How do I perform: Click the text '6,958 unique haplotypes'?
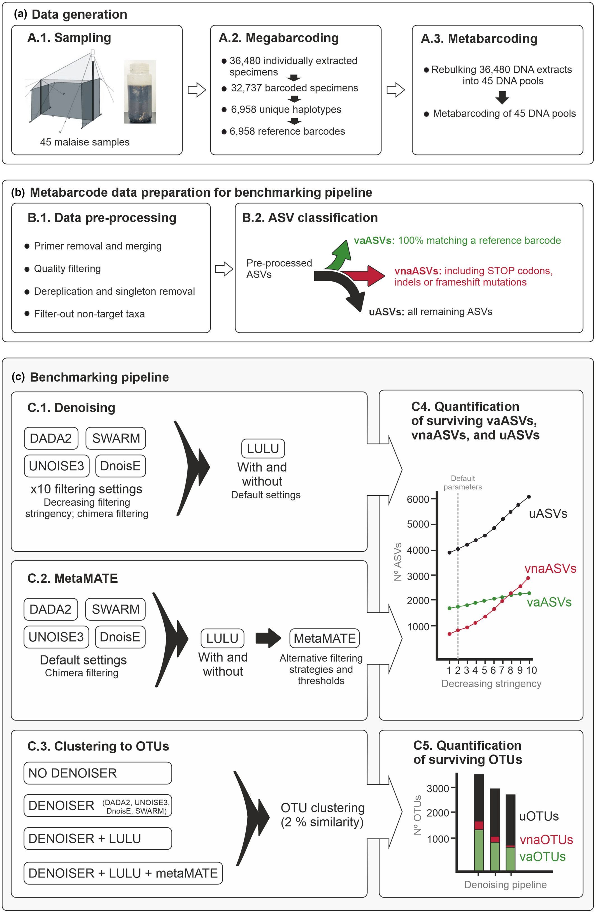coord(286,110)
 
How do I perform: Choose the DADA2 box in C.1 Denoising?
coord(51,438)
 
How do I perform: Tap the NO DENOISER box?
coord(97,773)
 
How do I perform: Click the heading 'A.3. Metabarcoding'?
coord(479,39)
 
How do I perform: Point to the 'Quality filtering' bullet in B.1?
coord(67,269)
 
